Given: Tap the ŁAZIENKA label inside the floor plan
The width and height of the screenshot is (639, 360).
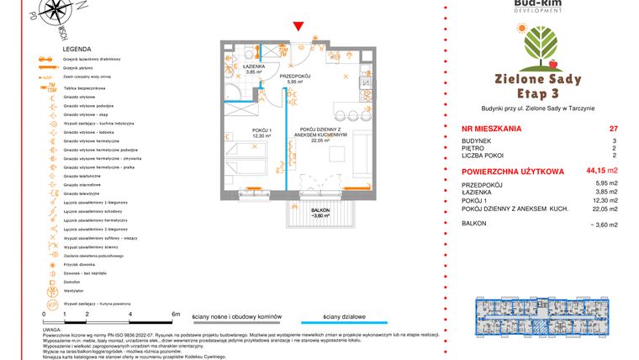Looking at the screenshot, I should (x=255, y=66).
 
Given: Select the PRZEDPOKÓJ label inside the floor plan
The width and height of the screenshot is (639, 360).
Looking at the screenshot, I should (x=295, y=76).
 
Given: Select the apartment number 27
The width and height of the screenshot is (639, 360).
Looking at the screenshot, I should (x=613, y=129).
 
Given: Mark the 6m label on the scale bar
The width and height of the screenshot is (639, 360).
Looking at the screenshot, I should (x=176, y=313).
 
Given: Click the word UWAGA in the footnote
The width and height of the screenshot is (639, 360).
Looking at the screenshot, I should (x=50, y=331).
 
